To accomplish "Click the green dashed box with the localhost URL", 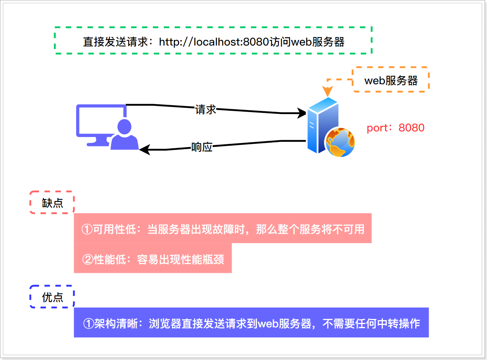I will [x=213, y=40].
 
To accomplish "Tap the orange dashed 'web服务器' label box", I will [x=391, y=80].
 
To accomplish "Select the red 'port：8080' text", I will [x=395, y=128].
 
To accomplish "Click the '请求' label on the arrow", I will [x=206, y=109].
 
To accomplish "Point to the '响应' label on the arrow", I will [x=202, y=147].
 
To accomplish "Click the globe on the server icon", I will [x=340, y=142].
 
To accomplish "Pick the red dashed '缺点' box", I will [x=52, y=202].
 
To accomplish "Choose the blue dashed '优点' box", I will [x=52, y=297].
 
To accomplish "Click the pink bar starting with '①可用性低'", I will [x=223, y=229].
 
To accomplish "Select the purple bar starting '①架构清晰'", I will [x=251, y=323].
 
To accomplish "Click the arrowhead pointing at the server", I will [x=302, y=113].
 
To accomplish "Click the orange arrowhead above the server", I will [x=326, y=92].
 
